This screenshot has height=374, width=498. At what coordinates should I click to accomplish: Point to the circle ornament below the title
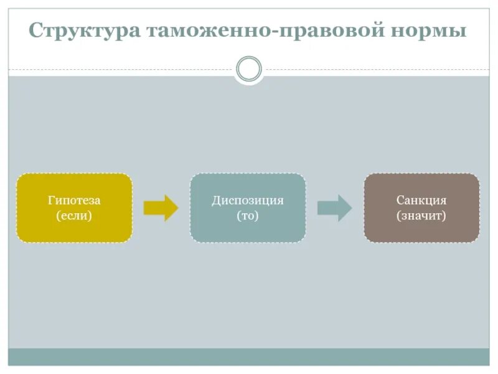tap(249, 69)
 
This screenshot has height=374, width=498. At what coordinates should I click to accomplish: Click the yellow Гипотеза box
tap(74, 208)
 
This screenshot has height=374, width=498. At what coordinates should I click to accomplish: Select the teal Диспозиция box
tap(248, 208)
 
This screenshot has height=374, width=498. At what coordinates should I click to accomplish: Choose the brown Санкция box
tap(421, 208)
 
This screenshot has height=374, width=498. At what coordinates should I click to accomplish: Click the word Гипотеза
tap(74, 201)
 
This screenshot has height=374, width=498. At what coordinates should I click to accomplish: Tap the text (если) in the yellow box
tap(74, 216)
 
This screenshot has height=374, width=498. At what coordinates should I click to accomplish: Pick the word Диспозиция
tap(248, 201)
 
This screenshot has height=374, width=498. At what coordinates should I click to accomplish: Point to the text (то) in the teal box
tap(248, 216)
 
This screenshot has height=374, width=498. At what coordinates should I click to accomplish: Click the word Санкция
tap(421, 201)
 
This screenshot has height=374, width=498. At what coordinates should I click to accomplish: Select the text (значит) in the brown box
tap(421, 216)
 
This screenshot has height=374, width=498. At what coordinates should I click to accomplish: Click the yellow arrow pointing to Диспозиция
tap(161, 208)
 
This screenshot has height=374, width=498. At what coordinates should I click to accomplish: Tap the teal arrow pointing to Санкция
tap(334, 208)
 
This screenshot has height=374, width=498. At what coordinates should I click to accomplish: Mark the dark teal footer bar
tap(249, 357)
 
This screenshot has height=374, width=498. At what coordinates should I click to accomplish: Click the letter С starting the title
tap(37, 31)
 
